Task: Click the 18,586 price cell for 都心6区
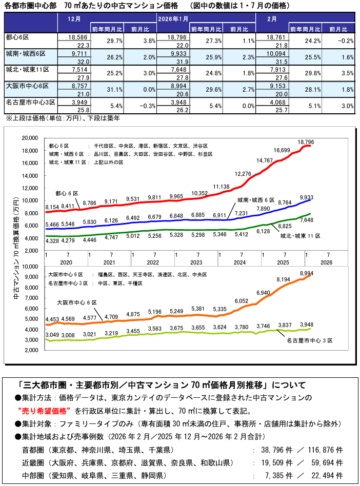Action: tap(75, 37)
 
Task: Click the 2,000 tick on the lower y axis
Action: tap(32, 350)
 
